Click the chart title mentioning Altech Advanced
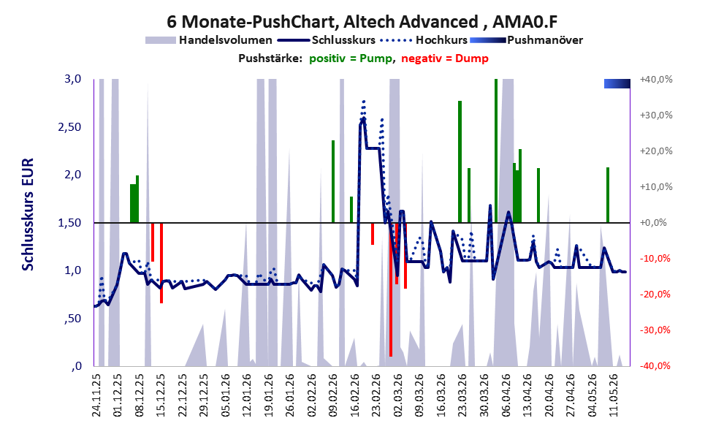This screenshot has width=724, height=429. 362,21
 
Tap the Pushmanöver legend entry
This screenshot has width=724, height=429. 526,40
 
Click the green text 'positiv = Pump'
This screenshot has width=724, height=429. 351,58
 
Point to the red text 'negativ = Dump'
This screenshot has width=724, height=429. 445,58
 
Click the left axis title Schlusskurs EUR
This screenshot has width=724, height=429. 28,214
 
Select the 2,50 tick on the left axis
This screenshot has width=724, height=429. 69,127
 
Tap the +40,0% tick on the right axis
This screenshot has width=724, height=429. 656,80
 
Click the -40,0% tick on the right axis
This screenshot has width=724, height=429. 655,365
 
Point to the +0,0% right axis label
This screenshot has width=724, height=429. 653,223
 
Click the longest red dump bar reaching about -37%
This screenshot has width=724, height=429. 391,289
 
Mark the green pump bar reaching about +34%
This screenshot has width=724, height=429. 460,162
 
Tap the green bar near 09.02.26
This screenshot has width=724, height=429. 333,181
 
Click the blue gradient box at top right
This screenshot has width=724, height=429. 617,83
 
